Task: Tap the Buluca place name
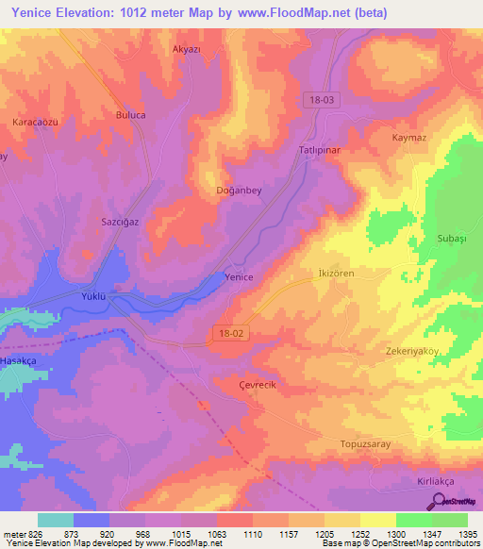pyautogui.click(x=130, y=114)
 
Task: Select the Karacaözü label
pyautogui.click(x=35, y=124)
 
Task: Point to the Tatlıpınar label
pyautogui.click(x=319, y=151)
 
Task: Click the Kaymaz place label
pyautogui.click(x=411, y=137)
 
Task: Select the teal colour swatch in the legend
pyautogui.click(x=56, y=520)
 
